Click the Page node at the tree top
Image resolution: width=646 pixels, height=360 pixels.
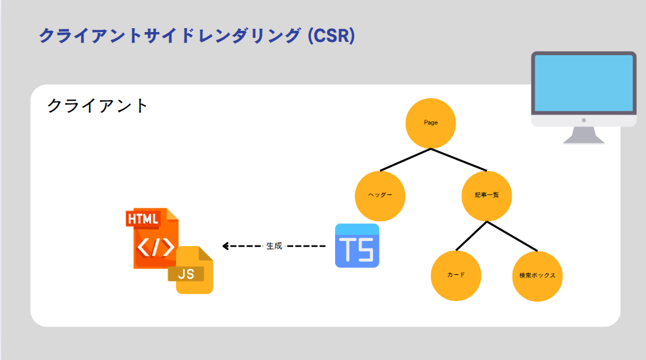pos(430,122)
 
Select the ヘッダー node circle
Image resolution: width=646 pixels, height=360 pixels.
pos(380,196)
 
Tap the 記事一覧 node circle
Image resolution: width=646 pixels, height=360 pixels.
pos(486,196)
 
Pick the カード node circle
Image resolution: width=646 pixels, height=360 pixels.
pos(456,276)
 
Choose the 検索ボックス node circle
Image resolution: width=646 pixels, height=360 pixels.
pos(537,276)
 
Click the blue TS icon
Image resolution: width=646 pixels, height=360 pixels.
pos(357,246)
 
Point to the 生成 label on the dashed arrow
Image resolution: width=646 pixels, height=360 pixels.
pos(274,246)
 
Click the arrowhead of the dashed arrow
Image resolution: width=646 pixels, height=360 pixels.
pos(226,246)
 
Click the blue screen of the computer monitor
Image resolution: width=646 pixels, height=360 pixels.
pos(583,82)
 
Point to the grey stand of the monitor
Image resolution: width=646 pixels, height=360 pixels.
pos(583,135)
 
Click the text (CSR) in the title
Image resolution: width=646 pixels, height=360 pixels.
pos(331,35)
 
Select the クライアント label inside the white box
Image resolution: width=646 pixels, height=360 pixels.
pos(98,106)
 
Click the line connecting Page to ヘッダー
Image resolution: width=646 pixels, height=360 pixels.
pos(405,160)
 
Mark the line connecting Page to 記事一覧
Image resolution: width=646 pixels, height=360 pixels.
pos(458,160)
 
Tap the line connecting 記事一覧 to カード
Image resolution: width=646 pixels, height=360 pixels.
pos(471,236)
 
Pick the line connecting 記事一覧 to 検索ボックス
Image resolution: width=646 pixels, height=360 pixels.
pos(512,236)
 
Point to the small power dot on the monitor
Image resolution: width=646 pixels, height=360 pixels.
pos(583,120)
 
